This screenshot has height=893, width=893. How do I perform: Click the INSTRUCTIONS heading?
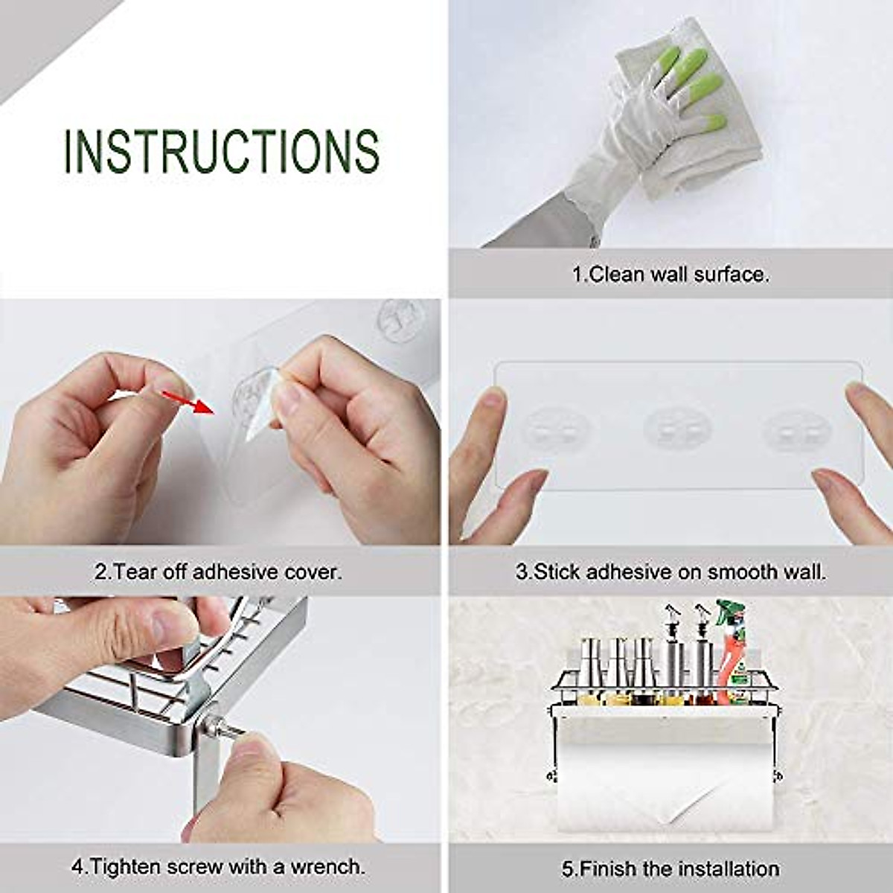[x=221, y=152]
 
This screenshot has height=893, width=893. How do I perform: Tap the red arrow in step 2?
[x=189, y=402]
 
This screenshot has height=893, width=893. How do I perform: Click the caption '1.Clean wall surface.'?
[x=670, y=274]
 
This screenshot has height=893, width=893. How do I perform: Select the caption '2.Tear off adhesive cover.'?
[x=218, y=572]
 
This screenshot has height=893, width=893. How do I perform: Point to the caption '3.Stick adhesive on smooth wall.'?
[x=670, y=572]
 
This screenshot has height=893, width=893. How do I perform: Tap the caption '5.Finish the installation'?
[x=670, y=868]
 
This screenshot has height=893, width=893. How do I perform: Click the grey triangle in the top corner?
[x=37, y=30]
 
